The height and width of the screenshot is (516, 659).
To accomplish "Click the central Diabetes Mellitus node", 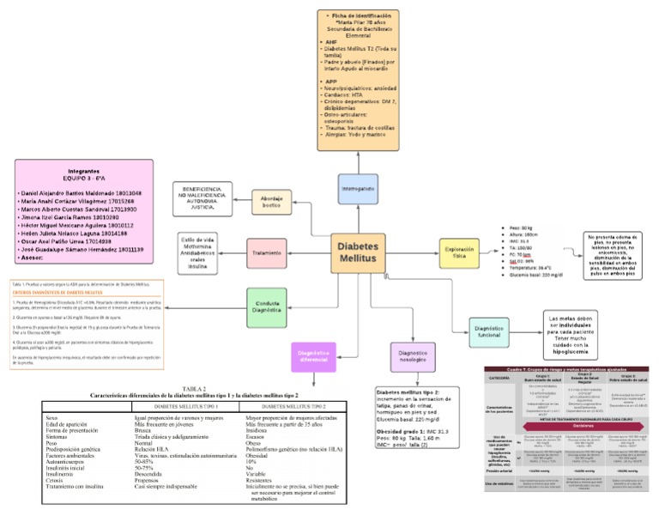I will [357, 252].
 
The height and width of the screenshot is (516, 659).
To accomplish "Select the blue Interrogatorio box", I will [358, 188].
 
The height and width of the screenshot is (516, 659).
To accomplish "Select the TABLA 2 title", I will [194, 388].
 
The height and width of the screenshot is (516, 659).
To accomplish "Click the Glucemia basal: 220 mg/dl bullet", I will [534, 275].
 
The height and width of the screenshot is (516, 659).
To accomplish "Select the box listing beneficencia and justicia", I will [206, 197].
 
